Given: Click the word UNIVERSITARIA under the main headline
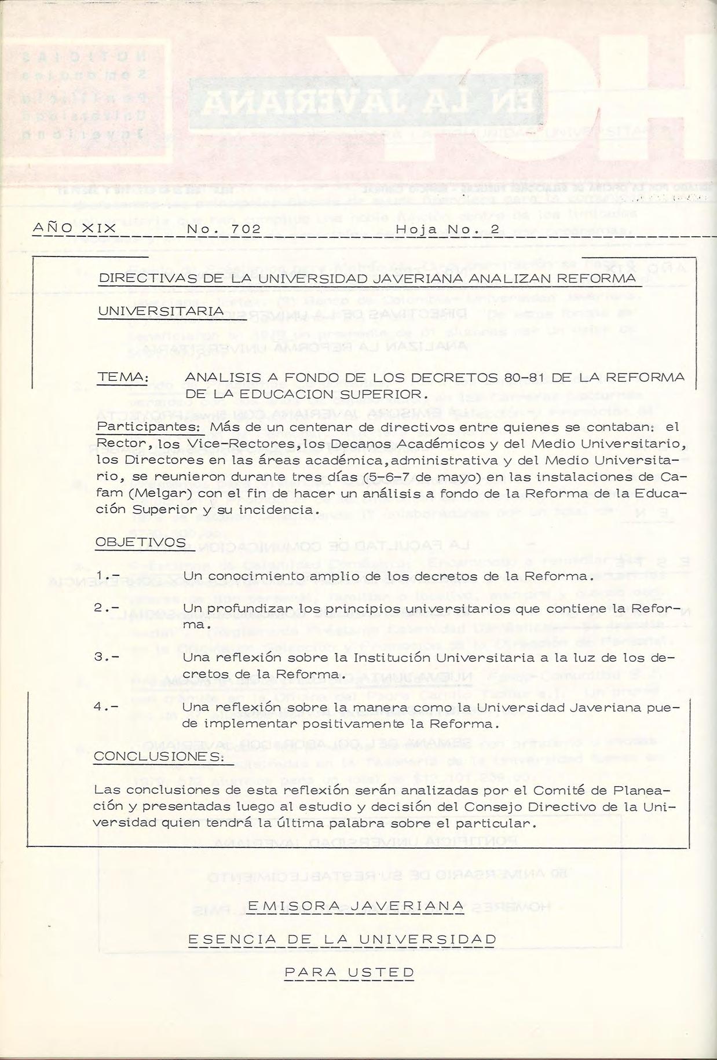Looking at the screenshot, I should click(x=160, y=311).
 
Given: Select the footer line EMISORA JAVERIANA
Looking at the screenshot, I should click(x=356, y=904).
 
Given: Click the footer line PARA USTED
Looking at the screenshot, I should click(x=349, y=971).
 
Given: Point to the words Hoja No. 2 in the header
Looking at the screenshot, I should click(x=447, y=229).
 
